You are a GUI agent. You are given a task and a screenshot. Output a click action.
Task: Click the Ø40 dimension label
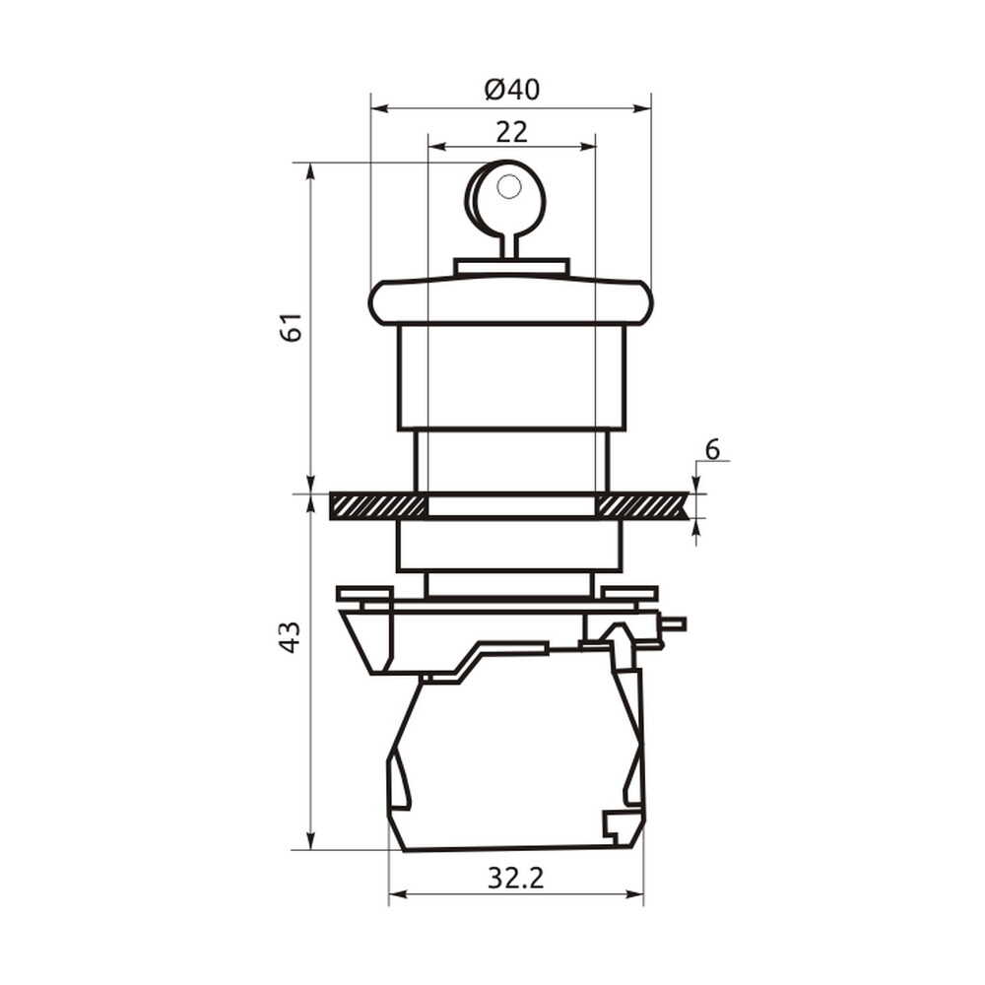click(x=512, y=90)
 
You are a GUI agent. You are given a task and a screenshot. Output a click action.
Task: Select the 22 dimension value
click(x=512, y=132)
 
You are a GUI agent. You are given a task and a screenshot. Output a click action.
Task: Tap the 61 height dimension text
click(x=292, y=326)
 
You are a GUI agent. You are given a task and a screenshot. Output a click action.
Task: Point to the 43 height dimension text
click(x=291, y=637)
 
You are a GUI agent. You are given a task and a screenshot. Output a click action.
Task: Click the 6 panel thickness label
click(x=712, y=450)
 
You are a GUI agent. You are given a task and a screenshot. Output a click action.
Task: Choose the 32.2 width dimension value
click(x=516, y=878)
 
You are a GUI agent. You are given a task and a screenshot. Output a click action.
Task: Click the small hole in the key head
click(x=508, y=186)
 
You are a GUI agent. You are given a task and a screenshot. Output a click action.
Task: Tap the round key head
click(x=506, y=195)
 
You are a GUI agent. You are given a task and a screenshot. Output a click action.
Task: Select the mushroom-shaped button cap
click(x=510, y=301)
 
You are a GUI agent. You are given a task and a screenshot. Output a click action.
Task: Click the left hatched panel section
click(x=378, y=505)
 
